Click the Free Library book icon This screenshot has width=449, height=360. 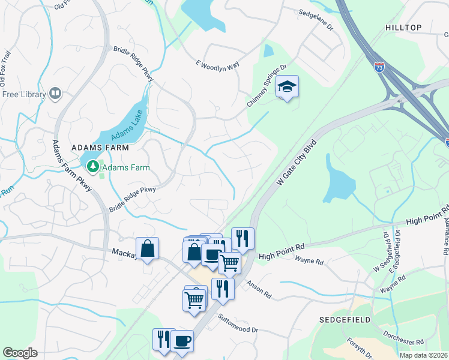[55, 94]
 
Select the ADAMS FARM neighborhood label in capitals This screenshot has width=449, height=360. [97, 146]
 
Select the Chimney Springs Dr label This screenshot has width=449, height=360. [267, 88]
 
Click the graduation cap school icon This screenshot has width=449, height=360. [287, 88]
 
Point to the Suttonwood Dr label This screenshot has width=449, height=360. [238, 325]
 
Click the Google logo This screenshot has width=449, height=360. [20, 353]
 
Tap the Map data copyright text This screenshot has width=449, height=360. [423, 355]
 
